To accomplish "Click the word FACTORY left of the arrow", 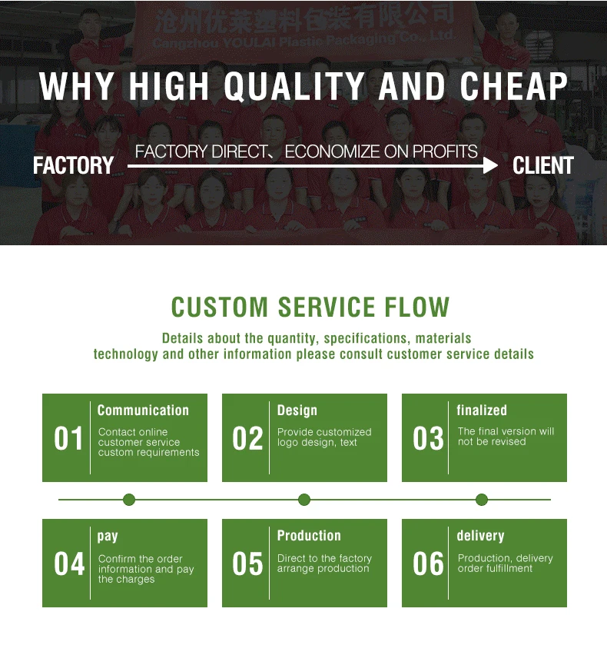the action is pos(73,165).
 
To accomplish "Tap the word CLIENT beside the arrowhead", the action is pos(542,165).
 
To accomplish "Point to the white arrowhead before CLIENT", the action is pos(489,165).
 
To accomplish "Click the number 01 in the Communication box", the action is pos(68,439).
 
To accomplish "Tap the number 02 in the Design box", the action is pos(248,439).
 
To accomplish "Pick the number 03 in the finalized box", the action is pos(428,439).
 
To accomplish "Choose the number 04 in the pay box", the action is pos(68,564).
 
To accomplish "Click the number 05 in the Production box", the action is pos(248,564).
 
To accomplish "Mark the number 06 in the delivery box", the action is pos(428,564).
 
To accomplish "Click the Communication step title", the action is pos(143,411).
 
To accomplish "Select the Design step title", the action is pos(297,411).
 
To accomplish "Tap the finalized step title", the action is pos(482,411).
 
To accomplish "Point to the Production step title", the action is pos(309,536).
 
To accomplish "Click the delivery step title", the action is pos(480,536).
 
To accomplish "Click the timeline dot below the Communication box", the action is pos(129,500).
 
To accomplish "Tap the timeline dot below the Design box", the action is pos(304,500).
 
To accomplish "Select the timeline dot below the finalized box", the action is pos(482,500).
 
